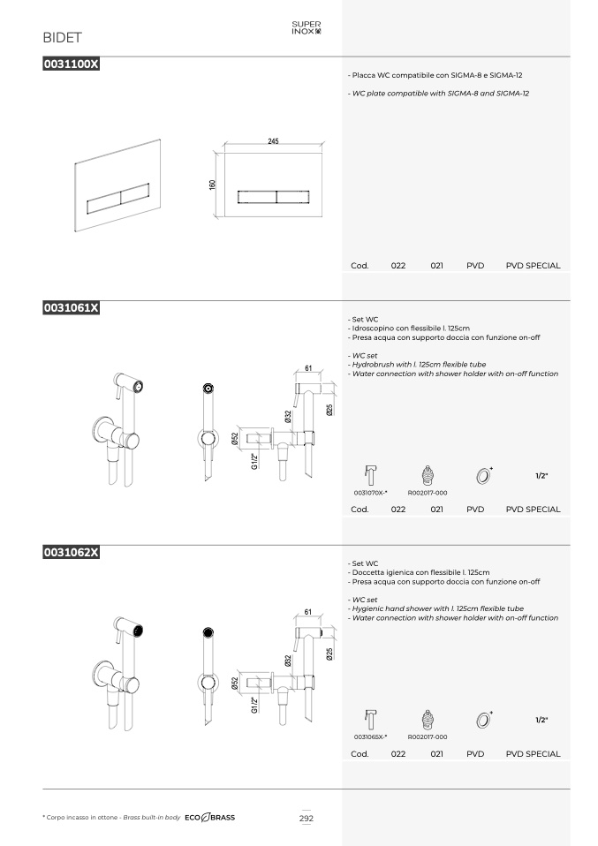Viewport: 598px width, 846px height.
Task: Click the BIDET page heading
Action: pos(62,38)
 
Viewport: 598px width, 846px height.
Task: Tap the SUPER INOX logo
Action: pos(306,27)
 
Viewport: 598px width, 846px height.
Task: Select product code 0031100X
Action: pos(72,64)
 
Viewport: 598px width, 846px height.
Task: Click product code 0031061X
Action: pos(72,307)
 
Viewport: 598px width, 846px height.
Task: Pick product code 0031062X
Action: pos(72,552)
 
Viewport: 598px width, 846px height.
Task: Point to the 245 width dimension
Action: pos(273,141)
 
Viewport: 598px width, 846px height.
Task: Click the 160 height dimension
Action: pos(212,185)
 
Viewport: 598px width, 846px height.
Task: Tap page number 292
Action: pos(306,818)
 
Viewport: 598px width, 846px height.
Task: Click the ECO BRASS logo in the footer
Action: pos(210,818)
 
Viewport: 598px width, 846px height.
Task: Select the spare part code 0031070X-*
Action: pos(370,493)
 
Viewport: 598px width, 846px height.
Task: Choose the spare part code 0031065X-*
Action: pos(370,737)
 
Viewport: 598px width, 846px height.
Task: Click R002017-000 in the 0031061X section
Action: pos(428,493)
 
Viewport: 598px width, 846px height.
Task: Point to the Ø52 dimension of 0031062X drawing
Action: pos(235,683)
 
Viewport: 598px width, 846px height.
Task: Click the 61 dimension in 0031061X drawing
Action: pos(308,368)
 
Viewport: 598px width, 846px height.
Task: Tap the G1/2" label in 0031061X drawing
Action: pos(254,461)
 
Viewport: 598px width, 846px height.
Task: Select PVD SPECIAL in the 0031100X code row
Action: pos(533,266)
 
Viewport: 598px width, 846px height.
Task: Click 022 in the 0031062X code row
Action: pos(398,754)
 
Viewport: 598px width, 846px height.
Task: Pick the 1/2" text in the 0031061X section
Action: pos(541,476)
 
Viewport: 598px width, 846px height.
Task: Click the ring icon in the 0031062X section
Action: pos(484,720)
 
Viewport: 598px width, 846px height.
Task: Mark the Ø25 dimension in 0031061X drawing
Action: pos(329,410)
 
